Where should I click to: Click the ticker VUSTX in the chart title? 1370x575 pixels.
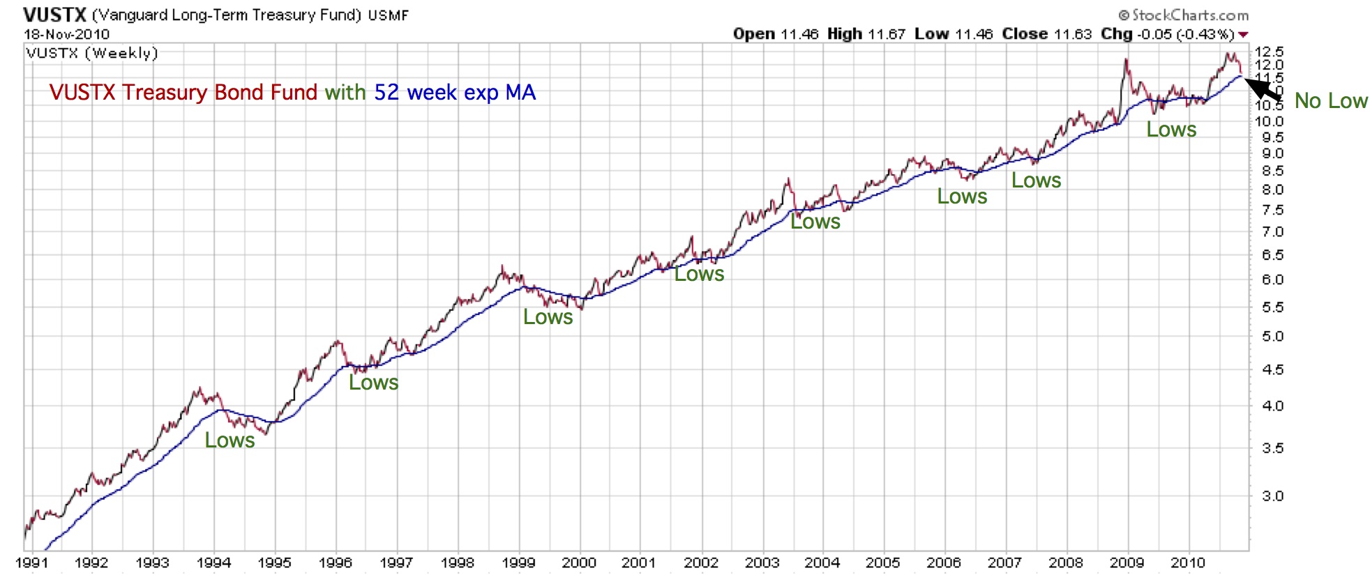coord(54,15)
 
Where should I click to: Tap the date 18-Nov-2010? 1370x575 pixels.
coord(66,34)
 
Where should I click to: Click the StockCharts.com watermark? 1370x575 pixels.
coord(1183,15)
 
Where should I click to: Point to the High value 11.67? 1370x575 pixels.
coord(886,34)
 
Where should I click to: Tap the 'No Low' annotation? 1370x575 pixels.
coord(1331,101)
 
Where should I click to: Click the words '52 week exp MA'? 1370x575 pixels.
coord(455,93)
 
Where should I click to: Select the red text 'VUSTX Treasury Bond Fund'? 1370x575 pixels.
coord(183,93)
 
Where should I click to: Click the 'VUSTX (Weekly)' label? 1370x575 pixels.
coord(92,53)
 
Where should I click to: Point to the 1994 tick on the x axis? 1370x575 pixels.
coord(213,562)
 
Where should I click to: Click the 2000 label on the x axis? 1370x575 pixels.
coord(579,562)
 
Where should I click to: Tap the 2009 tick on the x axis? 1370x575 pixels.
coord(1127,562)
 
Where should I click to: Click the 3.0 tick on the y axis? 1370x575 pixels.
coord(1272,496)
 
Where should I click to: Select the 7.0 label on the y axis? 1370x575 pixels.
coord(1272,232)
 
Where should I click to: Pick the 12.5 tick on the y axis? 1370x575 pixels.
coord(1269,52)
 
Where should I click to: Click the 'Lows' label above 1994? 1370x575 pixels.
coord(229,440)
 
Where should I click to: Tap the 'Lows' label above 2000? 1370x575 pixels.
coord(548,317)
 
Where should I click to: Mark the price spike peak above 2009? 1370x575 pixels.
coord(1126,60)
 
